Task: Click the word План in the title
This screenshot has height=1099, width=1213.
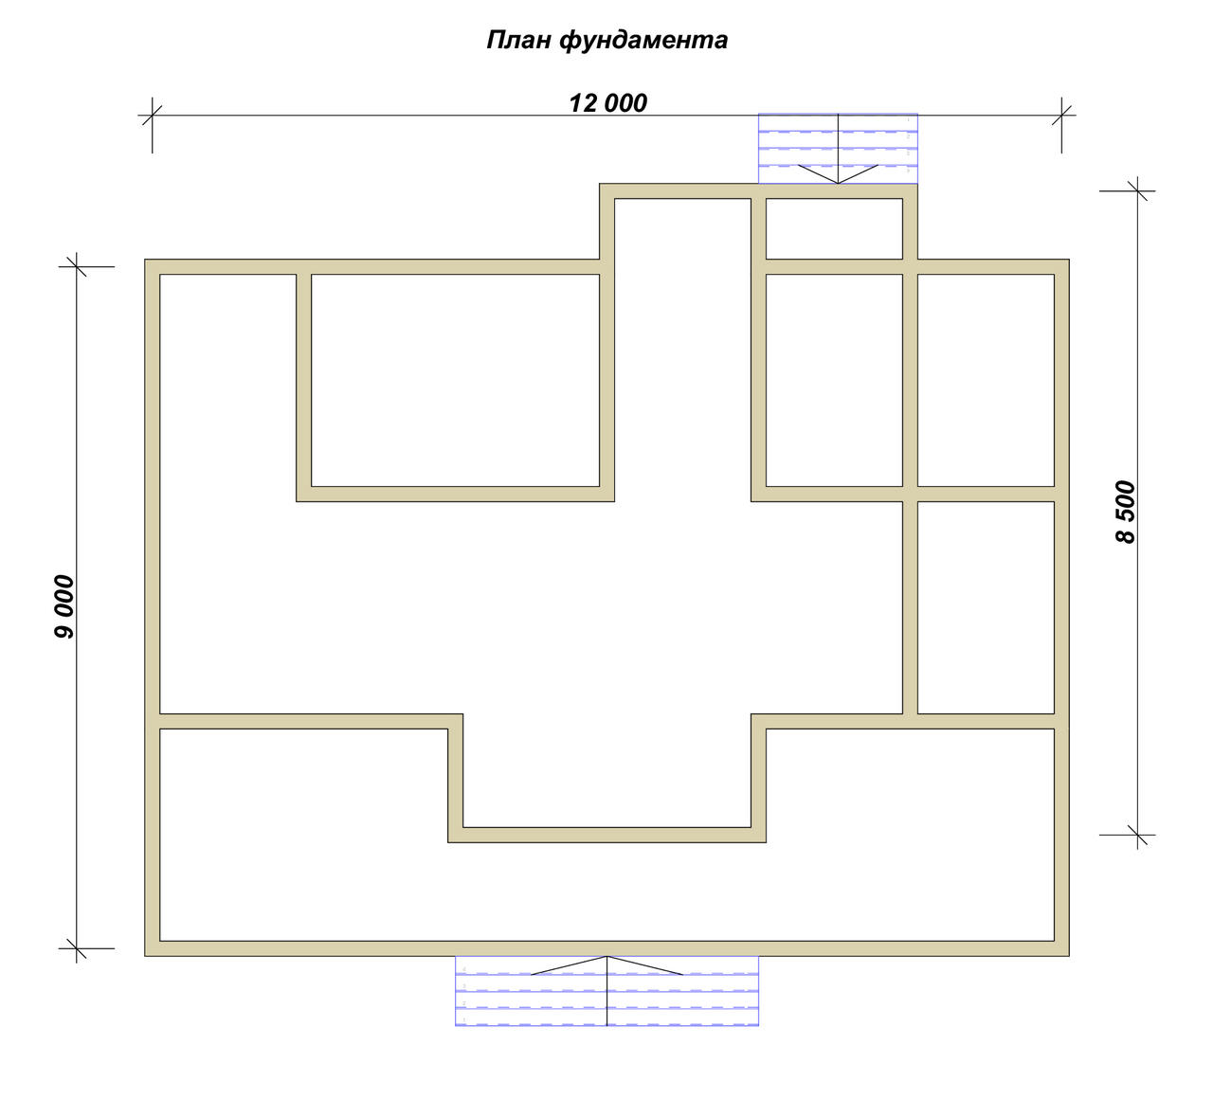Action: click(x=518, y=40)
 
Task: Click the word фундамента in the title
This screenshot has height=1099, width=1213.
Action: click(x=643, y=41)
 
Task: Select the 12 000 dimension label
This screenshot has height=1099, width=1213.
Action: click(x=607, y=103)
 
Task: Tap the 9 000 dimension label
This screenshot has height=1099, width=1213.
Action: click(x=64, y=607)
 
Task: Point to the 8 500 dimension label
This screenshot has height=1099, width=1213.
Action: click(x=1125, y=513)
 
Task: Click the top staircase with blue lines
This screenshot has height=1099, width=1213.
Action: click(x=838, y=149)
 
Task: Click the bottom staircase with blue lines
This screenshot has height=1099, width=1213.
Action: click(x=606, y=990)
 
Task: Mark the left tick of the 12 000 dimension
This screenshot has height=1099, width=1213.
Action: click(x=152, y=115)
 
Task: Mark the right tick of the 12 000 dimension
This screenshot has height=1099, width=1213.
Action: click(x=1061, y=115)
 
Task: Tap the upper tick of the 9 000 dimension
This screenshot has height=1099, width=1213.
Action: click(x=76, y=266)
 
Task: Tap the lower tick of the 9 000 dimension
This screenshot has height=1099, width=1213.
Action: click(x=76, y=948)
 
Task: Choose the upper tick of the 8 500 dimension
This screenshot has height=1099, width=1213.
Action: click(x=1137, y=190)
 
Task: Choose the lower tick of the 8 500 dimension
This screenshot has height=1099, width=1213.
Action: click(x=1137, y=835)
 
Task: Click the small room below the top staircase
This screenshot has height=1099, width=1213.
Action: click(x=835, y=228)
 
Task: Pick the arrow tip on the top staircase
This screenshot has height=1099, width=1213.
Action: click(x=838, y=183)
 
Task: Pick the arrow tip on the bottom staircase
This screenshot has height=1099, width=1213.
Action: click(x=606, y=956)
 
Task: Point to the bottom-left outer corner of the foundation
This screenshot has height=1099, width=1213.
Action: click(x=145, y=956)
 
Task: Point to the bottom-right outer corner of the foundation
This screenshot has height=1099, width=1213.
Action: click(x=1069, y=956)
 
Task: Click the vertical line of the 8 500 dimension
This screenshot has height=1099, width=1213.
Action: click(x=1137, y=513)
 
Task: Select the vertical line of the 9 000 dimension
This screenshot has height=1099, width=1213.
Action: click(x=76, y=607)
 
